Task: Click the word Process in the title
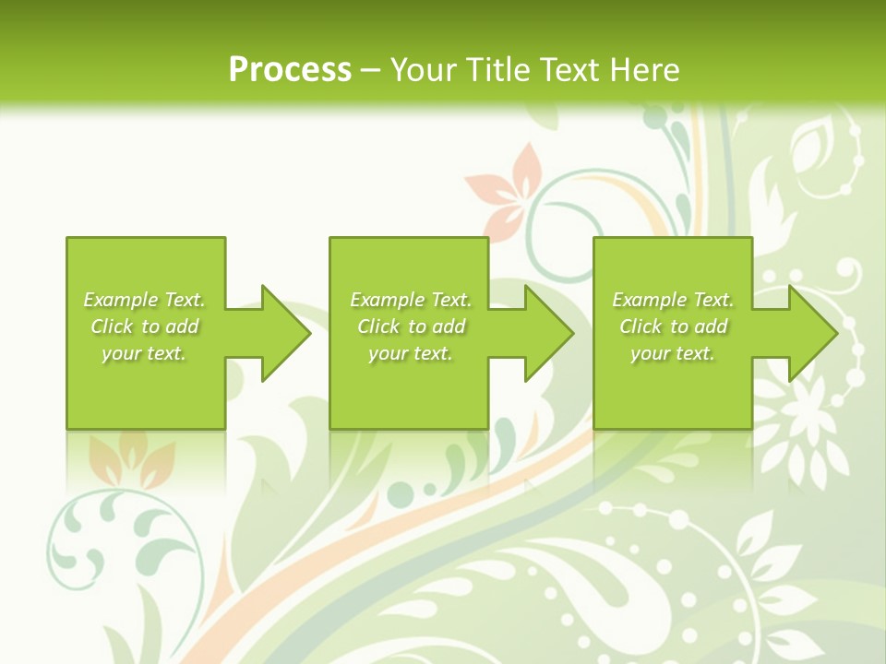(x=290, y=70)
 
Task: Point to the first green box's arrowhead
(x=285, y=333)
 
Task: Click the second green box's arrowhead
(x=548, y=333)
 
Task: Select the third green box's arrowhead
(x=812, y=333)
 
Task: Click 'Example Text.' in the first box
(x=144, y=300)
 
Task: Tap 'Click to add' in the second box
(x=411, y=326)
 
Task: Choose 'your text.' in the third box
(x=673, y=353)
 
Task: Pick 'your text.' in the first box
(x=144, y=353)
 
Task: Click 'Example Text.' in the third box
(x=673, y=300)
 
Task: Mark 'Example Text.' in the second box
(x=411, y=300)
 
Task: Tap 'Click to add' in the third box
(x=673, y=326)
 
